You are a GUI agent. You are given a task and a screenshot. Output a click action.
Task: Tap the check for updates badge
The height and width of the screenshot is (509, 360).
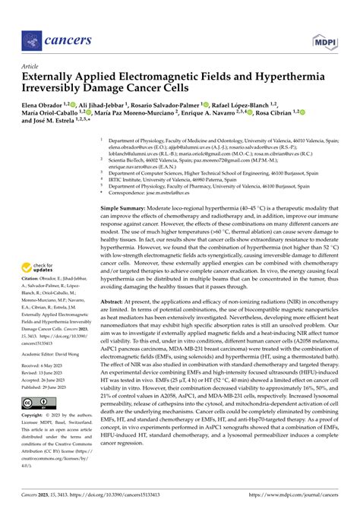[x=39, y=268]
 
